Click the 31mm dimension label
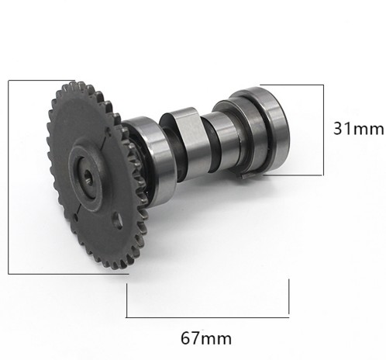point(358,128)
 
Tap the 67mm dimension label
point(206,338)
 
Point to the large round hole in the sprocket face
point(119,220)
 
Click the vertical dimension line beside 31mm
point(323,130)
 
